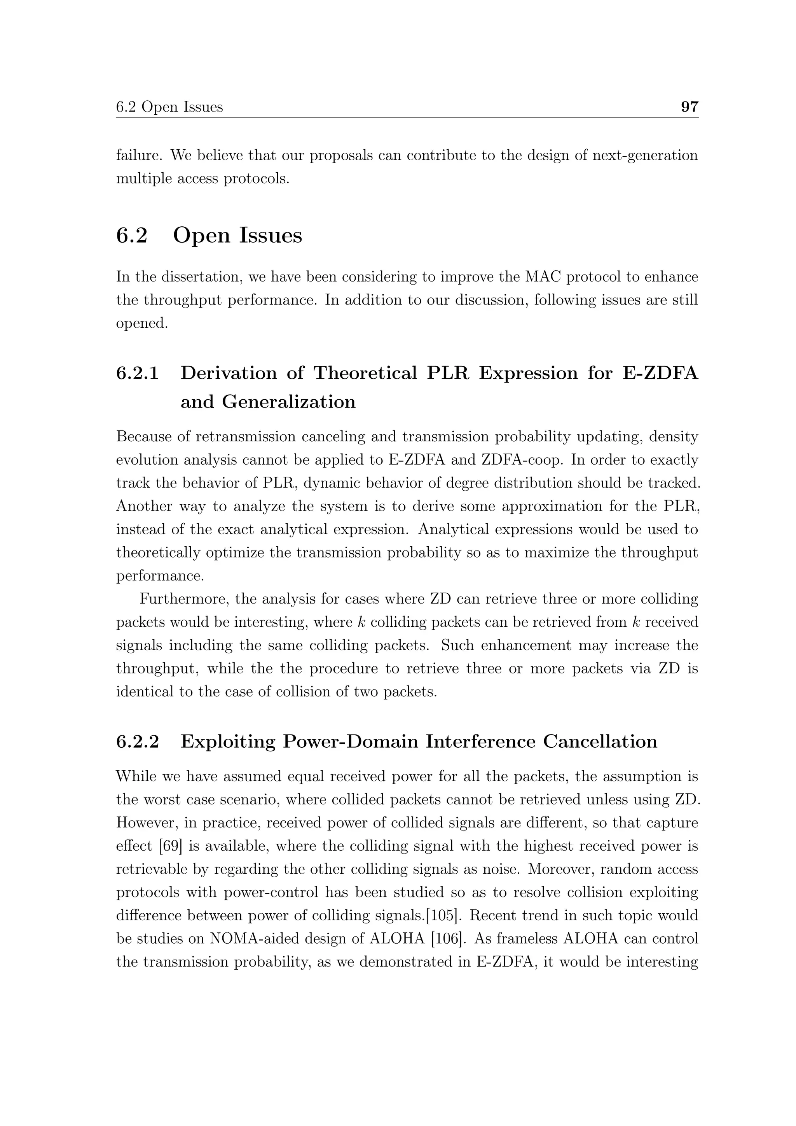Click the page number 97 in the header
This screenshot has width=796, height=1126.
[689, 107]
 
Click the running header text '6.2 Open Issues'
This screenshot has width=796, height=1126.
[169, 107]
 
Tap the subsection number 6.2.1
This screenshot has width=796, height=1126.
[138, 373]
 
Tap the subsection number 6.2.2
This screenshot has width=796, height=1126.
[138, 741]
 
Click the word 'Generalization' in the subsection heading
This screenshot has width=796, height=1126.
[289, 402]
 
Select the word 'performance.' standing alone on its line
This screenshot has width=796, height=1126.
[160, 576]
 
